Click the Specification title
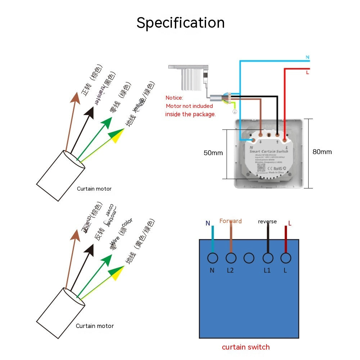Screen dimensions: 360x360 pos(181,23)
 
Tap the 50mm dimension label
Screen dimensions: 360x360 pos(213,153)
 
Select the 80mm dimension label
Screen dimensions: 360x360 pos(322,152)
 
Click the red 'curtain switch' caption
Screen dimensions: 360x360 pos(246,347)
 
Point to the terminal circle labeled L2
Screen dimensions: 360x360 pos(231,258)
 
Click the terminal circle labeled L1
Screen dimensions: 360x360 pos(267,258)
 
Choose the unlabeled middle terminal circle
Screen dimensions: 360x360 pos(249,258)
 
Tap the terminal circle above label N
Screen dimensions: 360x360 pos(212,258)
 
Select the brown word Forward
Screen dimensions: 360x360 pos(231,221)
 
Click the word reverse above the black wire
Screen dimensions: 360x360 pos(267,222)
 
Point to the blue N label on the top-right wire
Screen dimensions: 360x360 pos(307,57)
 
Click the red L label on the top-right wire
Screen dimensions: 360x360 pos(307,73)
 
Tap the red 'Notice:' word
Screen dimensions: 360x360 pos(174,98)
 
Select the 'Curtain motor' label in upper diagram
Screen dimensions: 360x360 pos(94,189)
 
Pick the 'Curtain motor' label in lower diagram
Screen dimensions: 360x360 pos(95,326)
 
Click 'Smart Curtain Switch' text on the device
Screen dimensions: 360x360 pos(269,151)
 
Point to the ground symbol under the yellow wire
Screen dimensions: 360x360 pos(234,112)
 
